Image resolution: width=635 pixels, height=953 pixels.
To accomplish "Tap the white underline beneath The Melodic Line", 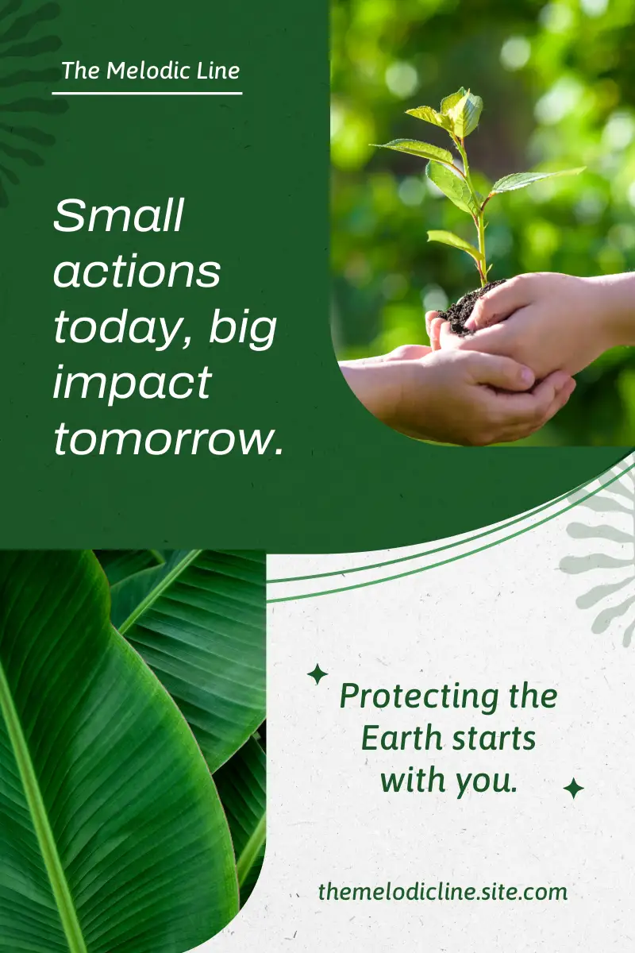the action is [x=147, y=93].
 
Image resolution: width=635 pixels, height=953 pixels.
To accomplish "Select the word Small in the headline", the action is [x=118, y=215].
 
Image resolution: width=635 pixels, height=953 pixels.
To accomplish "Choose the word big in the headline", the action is [x=243, y=329].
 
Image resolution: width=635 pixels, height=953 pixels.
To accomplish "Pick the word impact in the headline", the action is [x=133, y=384].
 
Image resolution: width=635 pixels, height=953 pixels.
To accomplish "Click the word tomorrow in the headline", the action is [x=168, y=439].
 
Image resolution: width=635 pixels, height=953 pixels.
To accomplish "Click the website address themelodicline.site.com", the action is [x=443, y=891].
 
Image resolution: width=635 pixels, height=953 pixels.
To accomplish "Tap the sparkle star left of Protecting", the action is [x=317, y=674].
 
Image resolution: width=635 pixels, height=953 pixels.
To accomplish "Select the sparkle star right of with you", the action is [x=573, y=789].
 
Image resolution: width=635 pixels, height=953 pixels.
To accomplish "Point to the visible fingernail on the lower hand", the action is [x=526, y=375].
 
